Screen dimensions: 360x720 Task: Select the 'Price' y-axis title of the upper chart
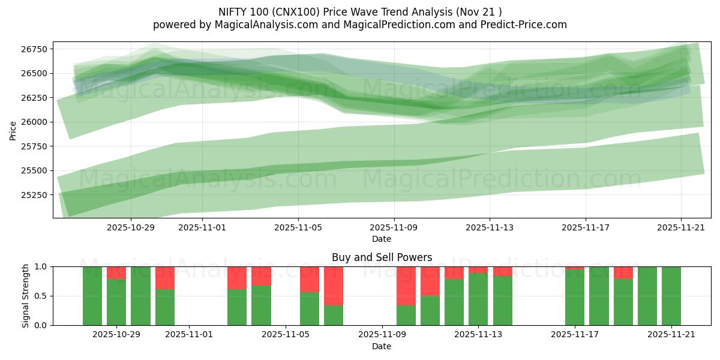13,130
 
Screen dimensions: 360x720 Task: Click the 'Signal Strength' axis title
25,296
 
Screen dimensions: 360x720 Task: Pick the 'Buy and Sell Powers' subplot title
382,257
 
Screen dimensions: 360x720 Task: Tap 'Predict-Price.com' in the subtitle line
526,25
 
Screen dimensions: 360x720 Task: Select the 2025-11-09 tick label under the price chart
394,228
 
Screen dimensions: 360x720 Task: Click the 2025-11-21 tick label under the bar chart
671,335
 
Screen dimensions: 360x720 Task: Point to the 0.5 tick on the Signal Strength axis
42,296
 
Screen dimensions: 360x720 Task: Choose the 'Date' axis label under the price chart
382,239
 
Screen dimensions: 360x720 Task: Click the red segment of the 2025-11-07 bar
334,286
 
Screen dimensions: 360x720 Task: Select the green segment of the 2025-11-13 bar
478,299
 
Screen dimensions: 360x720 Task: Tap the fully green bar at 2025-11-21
671,296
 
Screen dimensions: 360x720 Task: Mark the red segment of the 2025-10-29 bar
116,273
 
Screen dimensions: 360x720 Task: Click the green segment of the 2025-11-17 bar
575,298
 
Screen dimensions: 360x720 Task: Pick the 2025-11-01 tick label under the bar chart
189,335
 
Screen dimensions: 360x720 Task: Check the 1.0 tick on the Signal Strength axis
42,266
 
